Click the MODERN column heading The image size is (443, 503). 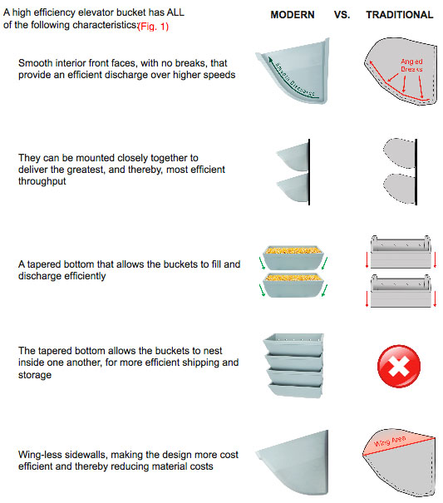pyautogui.click(x=292, y=15)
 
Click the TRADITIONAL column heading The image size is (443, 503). pyautogui.click(x=399, y=15)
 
